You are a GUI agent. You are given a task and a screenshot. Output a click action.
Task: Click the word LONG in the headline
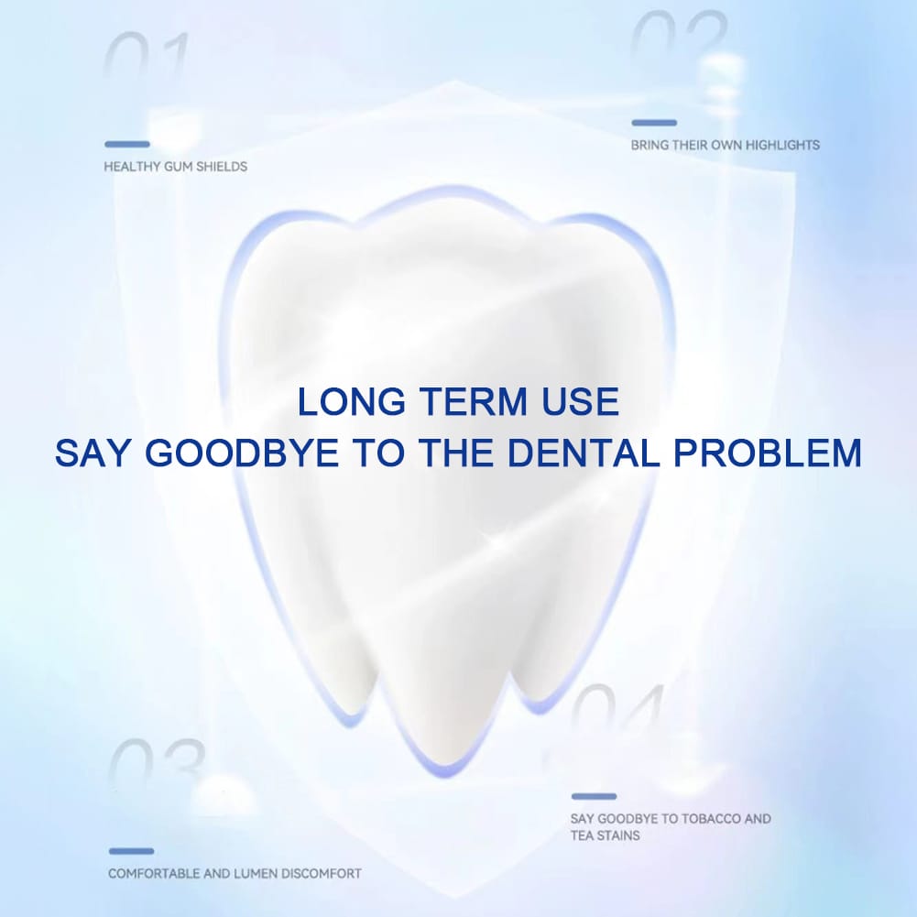pyautogui.click(x=351, y=402)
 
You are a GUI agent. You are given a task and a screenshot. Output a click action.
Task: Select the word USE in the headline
pyautogui.click(x=580, y=402)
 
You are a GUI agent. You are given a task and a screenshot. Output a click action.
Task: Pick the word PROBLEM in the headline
pyautogui.click(x=768, y=453)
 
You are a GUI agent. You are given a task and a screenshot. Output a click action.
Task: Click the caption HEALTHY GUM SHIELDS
pyautogui.click(x=176, y=167)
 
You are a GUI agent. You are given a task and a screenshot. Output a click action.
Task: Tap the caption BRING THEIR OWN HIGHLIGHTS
pyautogui.click(x=726, y=145)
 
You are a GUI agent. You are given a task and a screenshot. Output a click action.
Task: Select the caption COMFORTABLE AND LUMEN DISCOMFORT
pyautogui.click(x=235, y=874)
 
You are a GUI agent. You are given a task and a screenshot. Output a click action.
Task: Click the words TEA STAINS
pyautogui.click(x=606, y=835)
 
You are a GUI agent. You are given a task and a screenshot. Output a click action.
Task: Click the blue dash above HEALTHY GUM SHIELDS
pyautogui.click(x=127, y=144)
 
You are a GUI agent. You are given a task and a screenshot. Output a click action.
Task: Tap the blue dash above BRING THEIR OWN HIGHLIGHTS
pyautogui.click(x=654, y=123)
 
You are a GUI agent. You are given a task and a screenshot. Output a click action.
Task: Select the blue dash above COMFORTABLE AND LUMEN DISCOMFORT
pyautogui.click(x=132, y=852)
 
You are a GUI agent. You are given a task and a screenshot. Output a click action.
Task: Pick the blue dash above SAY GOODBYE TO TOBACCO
pyautogui.click(x=595, y=796)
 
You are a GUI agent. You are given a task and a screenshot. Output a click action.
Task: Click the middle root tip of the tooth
pyautogui.click(x=445, y=773)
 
